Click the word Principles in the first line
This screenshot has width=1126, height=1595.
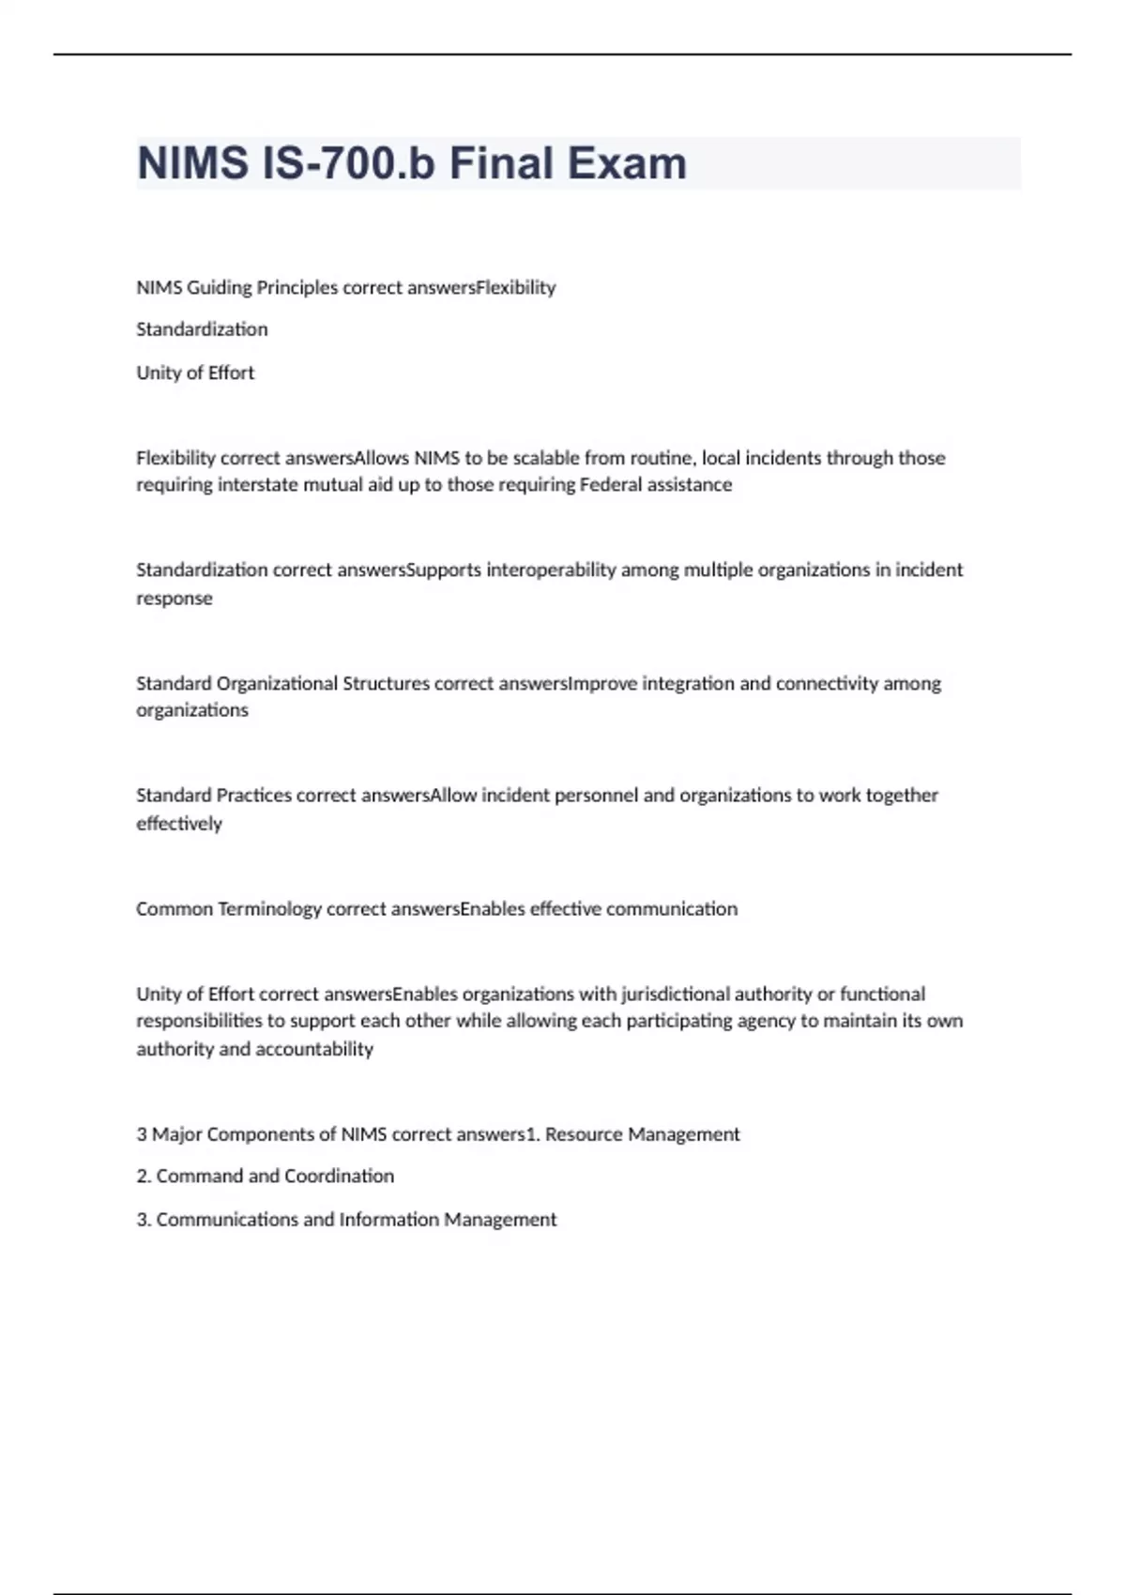click(x=297, y=287)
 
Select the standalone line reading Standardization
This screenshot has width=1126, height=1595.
click(x=202, y=329)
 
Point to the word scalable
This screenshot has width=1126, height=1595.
click(x=547, y=458)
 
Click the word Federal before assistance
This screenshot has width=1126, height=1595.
click(x=611, y=485)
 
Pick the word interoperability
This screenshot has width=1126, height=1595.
click(x=551, y=570)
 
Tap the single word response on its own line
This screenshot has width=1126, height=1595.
click(x=175, y=599)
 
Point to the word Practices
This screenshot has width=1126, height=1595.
click(x=254, y=795)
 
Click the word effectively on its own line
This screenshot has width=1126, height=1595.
click(x=179, y=824)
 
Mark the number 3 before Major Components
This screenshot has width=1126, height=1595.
click(x=142, y=1134)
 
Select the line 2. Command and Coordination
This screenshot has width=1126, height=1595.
click(x=266, y=1176)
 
